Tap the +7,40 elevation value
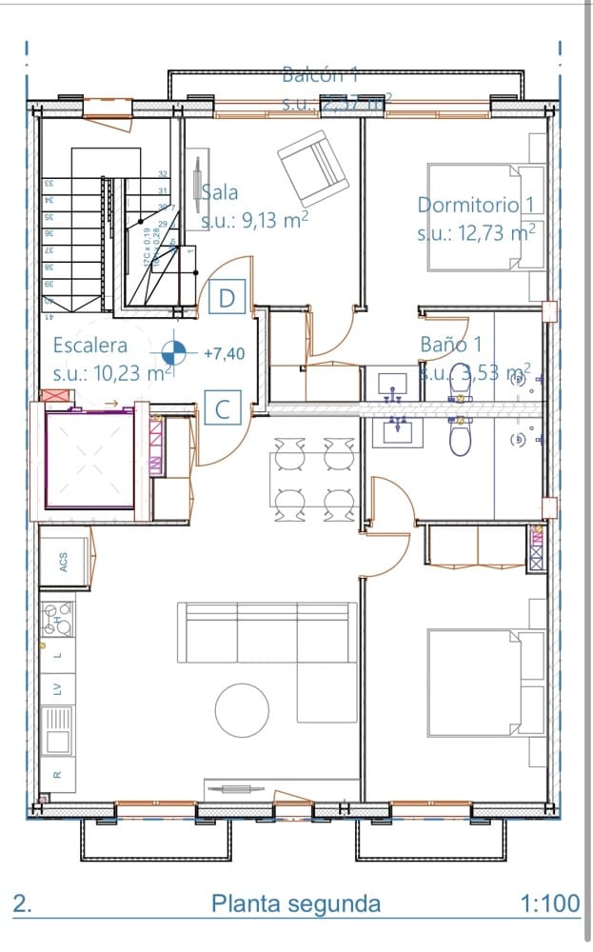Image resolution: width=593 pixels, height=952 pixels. [225, 353]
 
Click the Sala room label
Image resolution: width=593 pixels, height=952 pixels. [219, 192]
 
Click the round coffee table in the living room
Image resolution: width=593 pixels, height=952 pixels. [243, 709]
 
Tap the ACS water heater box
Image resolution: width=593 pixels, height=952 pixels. [64, 561]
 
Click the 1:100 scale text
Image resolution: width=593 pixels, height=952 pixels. [551, 903]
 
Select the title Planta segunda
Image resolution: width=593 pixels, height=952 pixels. [295, 903]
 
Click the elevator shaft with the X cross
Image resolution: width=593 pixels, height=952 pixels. [90, 460]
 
